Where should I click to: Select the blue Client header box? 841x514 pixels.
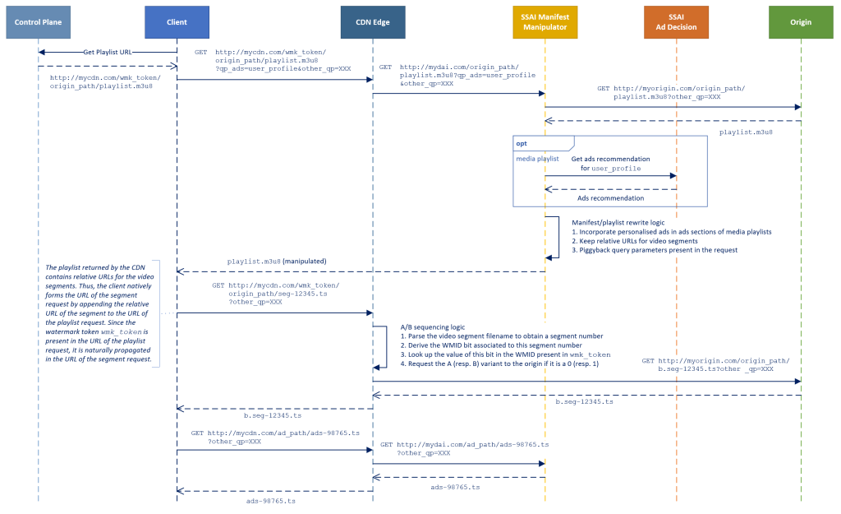tap(177, 21)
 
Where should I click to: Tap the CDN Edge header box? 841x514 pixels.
tap(373, 21)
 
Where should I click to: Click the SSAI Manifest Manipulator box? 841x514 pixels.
tap(545, 21)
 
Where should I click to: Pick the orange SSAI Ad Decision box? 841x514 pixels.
tap(677, 21)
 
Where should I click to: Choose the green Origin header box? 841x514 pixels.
tap(801, 21)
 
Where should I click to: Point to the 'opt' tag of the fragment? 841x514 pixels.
tap(522, 143)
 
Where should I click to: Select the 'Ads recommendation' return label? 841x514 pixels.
tap(610, 198)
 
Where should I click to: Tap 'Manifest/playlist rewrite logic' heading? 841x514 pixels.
tap(618, 222)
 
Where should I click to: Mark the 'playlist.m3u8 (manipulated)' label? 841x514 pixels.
tap(277, 261)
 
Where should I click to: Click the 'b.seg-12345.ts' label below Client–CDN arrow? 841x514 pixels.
tap(262, 416)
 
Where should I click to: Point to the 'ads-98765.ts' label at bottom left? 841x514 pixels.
tap(271, 500)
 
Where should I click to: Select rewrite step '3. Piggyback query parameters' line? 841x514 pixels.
tap(655, 250)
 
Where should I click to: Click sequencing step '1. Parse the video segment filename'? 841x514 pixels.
tap(501, 336)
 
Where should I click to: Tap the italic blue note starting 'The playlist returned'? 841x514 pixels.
tap(99, 313)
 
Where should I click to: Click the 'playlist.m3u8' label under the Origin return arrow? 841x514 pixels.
tap(747, 131)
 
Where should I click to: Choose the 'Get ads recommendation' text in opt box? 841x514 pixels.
tap(610, 159)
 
